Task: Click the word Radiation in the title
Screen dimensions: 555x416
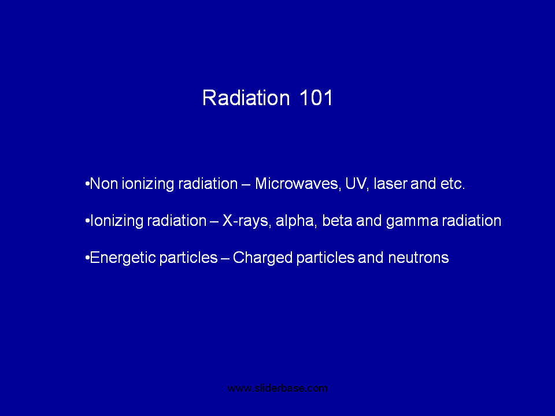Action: (246, 98)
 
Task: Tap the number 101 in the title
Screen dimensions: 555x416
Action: (316, 98)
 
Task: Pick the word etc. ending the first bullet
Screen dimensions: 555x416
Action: (452, 184)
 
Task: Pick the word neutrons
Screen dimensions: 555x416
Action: (419, 258)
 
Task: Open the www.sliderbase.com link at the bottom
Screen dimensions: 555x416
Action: (277, 388)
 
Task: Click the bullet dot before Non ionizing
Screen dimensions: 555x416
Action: (87, 184)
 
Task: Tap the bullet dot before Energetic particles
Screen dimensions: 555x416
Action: (87, 258)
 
